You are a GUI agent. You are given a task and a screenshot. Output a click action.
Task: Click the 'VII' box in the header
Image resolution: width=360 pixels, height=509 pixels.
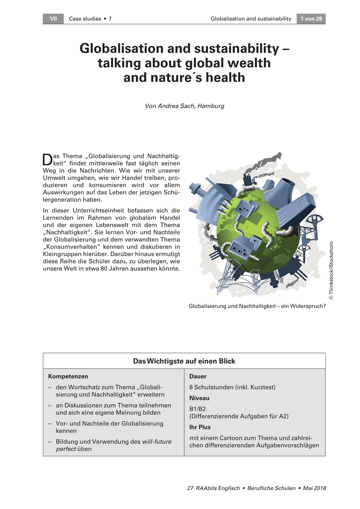click(x=53, y=19)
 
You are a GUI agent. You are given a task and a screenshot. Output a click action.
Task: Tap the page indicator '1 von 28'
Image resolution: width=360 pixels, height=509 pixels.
click(x=311, y=19)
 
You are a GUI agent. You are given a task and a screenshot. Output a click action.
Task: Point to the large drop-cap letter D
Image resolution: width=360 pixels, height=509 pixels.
click(x=47, y=159)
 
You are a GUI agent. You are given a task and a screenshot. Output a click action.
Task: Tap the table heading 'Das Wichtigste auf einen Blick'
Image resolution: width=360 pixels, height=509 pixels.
click(x=184, y=361)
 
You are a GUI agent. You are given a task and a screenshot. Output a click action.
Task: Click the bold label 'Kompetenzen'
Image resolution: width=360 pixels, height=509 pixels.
click(x=68, y=376)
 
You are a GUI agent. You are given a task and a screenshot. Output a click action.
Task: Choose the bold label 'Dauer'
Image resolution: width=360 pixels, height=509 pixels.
click(x=198, y=376)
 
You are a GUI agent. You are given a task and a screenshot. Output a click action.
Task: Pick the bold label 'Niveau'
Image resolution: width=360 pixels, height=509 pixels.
click(x=199, y=398)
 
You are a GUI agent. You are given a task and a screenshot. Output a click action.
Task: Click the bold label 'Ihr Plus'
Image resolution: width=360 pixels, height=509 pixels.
click(x=200, y=427)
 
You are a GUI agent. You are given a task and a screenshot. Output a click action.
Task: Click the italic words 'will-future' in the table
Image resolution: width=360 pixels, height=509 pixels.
click(x=157, y=442)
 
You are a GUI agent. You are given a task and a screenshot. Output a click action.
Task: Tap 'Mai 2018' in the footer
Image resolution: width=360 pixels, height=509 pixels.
click(x=315, y=488)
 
